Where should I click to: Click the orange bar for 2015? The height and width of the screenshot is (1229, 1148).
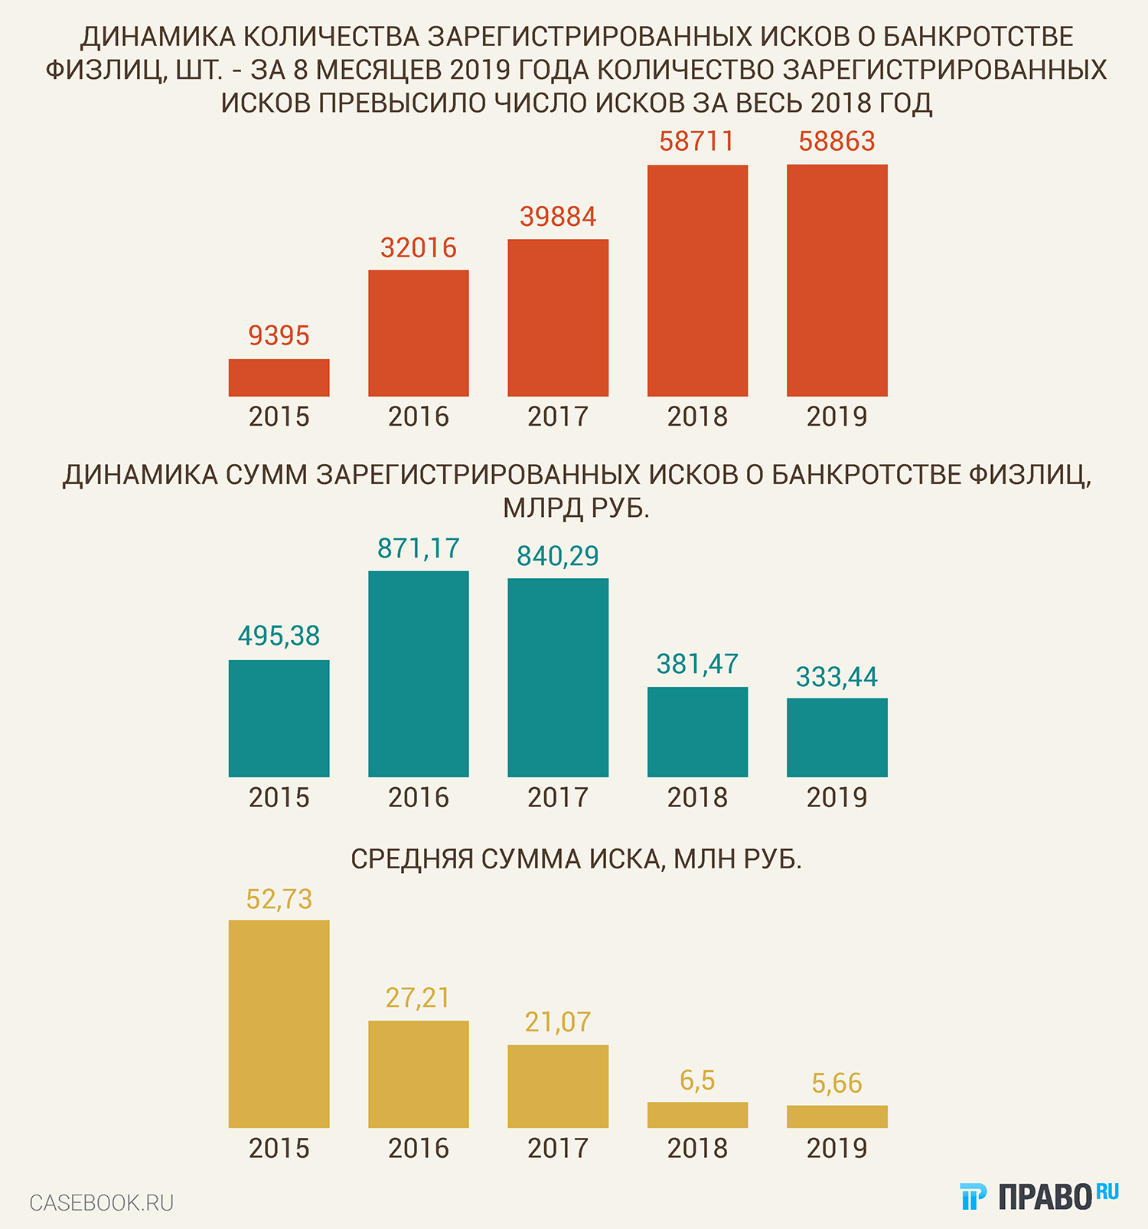(279, 378)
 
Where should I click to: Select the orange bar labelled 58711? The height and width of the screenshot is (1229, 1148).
(697, 280)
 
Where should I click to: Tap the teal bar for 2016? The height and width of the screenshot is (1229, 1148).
(418, 674)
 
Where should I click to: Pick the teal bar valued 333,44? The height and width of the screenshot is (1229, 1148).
(837, 737)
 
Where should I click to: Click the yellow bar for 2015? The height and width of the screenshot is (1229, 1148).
(279, 1024)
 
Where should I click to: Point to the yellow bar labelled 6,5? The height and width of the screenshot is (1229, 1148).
(697, 1115)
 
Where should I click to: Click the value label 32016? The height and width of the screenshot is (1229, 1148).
(418, 248)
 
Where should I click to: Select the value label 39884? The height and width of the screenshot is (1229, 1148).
(558, 217)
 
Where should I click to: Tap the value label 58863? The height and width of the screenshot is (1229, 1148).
(837, 142)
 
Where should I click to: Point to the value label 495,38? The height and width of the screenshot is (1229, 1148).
(279, 636)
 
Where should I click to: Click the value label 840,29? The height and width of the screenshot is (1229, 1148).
(558, 556)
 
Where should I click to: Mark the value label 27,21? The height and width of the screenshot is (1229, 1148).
(418, 998)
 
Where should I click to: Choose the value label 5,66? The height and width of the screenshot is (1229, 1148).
(837, 1084)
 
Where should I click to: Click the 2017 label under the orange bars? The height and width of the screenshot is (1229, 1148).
(558, 417)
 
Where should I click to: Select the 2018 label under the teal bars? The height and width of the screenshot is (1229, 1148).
(697, 798)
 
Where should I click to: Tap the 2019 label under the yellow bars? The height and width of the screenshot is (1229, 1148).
(837, 1149)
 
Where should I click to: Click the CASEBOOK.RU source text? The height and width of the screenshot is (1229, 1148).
(102, 1203)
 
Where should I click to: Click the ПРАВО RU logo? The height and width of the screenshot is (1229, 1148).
(1039, 1197)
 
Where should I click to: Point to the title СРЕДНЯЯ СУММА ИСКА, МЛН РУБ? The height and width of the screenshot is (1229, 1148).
(576, 860)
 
